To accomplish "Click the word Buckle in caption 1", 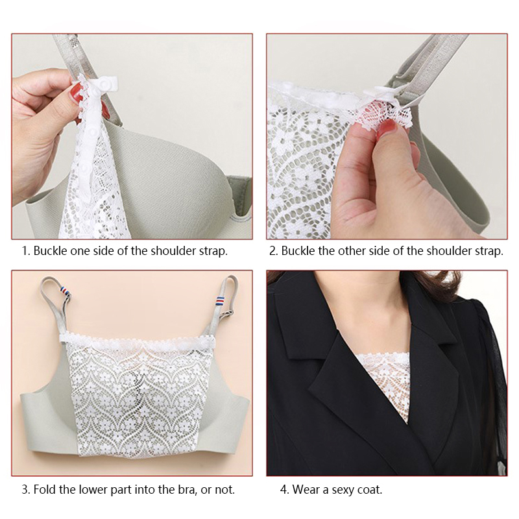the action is pyautogui.click(x=51, y=251).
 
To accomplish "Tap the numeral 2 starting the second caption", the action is pyautogui.click(x=273, y=251).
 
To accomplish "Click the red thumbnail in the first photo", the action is pyautogui.click(x=77, y=93).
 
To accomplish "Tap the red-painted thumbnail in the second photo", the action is pyautogui.click(x=387, y=128).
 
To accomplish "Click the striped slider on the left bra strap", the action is pyautogui.click(x=66, y=291).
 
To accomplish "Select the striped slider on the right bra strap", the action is pyautogui.click(x=221, y=301).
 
